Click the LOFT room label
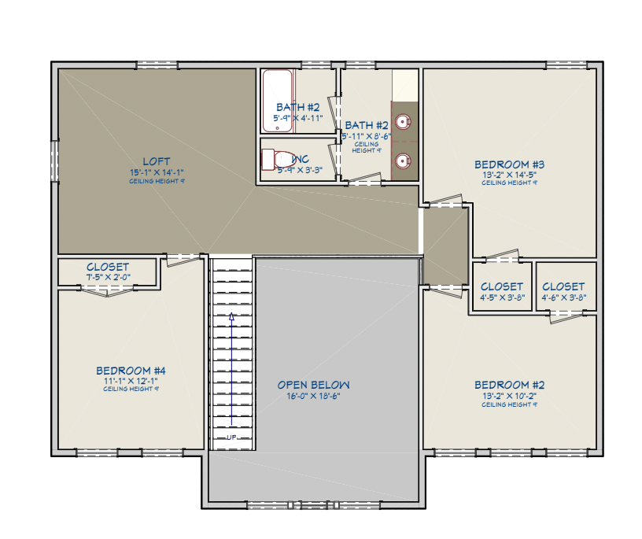click(x=156, y=161)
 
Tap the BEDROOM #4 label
click(x=131, y=370)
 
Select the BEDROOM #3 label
click(x=509, y=164)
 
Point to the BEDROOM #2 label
click(x=509, y=385)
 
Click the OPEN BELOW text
click(x=313, y=385)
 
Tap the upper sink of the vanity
click(x=403, y=122)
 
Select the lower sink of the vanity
click(x=403, y=161)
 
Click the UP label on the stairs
click(x=231, y=437)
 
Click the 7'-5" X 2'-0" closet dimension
click(x=108, y=277)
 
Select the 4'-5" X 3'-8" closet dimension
click(x=501, y=297)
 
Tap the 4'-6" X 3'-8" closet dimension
click(x=563, y=297)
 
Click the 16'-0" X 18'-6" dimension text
click(x=313, y=396)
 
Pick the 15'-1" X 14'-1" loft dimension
click(x=157, y=172)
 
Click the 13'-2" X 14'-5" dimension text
click(x=509, y=175)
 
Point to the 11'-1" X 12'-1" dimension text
click(x=131, y=380)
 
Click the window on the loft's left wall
click(x=54, y=161)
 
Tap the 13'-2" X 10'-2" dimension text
click(x=509, y=396)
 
